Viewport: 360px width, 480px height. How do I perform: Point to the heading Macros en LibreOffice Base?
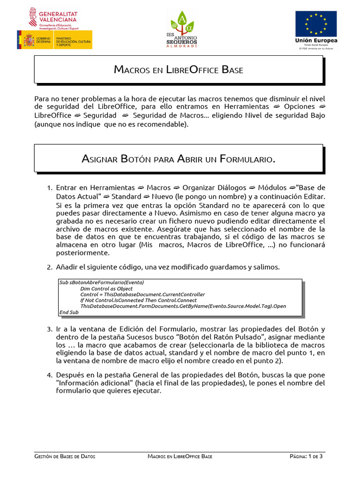click(x=179, y=70)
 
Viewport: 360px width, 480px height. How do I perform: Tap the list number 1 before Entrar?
click(x=49, y=188)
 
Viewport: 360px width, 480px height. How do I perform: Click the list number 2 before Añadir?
click(x=49, y=267)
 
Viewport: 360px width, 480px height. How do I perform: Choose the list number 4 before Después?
click(x=49, y=375)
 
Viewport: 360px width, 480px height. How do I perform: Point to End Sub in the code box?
click(x=69, y=312)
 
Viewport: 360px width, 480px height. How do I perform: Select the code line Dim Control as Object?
click(x=106, y=289)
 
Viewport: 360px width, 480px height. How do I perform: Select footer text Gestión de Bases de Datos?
click(x=65, y=456)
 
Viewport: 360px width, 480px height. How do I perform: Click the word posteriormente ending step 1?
click(x=82, y=253)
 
